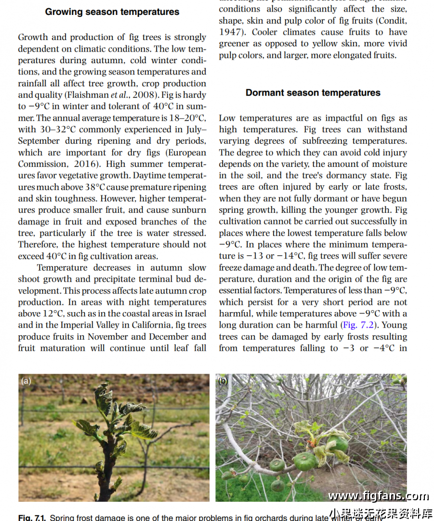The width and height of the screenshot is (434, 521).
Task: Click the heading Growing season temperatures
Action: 112,12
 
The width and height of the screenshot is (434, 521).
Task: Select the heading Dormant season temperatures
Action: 313,93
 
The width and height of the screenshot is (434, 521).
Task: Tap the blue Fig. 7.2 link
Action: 360,325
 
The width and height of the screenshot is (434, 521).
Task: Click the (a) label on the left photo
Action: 26,381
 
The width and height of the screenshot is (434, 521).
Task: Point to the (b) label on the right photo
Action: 223,381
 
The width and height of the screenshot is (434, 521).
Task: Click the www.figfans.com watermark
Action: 378,495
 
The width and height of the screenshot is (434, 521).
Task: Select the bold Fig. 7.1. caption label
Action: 32,518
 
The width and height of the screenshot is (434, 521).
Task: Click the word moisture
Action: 381,164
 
